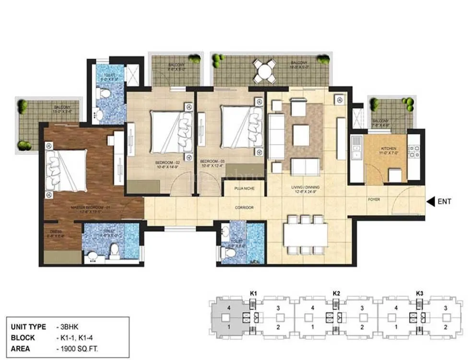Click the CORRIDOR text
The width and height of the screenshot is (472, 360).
(x=245, y=208)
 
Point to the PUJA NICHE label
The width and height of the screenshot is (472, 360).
(x=245, y=188)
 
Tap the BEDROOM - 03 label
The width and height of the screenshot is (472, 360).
(x=211, y=163)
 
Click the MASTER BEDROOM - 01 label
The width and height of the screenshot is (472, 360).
(x=91, y=207)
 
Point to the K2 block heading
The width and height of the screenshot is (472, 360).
(x=336, y=292)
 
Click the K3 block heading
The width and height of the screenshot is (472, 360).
(x=419, y=292)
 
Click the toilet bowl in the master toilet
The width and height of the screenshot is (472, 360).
(x=114, y=250)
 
